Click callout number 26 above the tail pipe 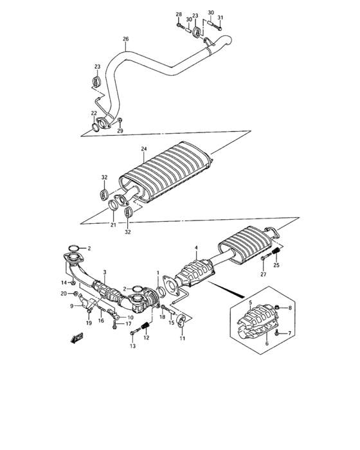tap(126, 39)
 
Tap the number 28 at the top tap(179, 14)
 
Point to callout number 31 tap(219, 17)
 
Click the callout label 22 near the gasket tap(93, 114)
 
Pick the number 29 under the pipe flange tap(119, 130)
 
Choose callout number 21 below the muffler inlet tap(113, 225)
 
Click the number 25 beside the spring tap(278, 265)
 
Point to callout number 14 tap(64, 282)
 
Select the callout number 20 tap(64, 293)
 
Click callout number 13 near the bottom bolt tap(133, 346)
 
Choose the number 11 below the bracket tap(182, 338)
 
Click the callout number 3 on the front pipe tap(104, 273)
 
